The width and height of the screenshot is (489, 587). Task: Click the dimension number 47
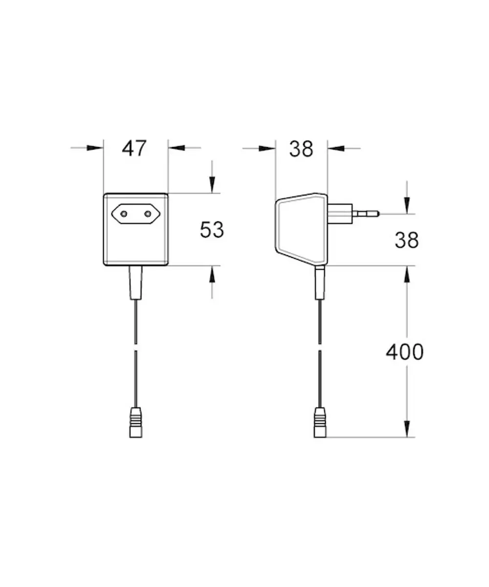point(134,148)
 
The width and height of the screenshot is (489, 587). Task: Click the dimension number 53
point(212,230)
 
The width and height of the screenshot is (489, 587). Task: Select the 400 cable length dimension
point(404,352)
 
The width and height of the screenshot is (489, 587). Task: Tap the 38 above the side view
point(301,149)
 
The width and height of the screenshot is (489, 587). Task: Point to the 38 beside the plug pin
point(406,240)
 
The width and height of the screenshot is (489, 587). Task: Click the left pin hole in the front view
point(124,214)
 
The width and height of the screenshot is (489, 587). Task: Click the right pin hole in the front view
point(148,214)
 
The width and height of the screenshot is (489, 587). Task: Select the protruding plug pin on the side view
point(366,214)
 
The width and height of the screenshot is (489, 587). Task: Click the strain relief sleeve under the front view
point(135,283)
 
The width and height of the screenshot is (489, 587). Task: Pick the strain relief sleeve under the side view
point(320,283)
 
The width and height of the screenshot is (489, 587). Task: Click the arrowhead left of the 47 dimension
point(95,148)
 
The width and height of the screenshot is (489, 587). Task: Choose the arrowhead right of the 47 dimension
point(177,148)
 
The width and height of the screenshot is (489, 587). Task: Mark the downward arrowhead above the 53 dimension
point(212,185)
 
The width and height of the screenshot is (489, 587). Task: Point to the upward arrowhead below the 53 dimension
point(212,274)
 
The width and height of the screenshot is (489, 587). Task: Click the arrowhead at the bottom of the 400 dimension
point(407,429)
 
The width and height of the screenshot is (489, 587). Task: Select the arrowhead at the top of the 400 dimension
point(407,274)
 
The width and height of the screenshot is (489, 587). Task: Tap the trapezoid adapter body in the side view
point(302,229)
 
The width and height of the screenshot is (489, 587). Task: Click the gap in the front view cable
point(136,347)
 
